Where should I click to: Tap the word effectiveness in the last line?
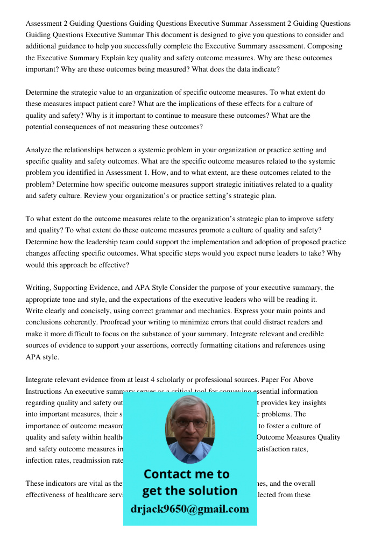[x=48, y=494]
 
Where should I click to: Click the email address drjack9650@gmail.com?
[x=190, y=509]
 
